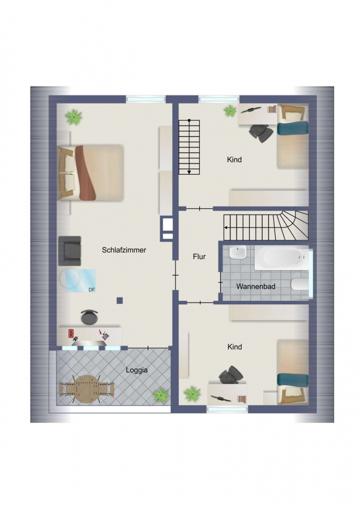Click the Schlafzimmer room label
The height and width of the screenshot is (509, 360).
(124, 250)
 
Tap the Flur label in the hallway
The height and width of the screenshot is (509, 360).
(199, 256)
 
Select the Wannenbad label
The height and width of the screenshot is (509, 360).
(256, 286)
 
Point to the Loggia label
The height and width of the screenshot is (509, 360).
(136, 370)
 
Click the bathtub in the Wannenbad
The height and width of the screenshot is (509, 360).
(281, 258)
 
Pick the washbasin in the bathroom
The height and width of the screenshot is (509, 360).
(238, 252)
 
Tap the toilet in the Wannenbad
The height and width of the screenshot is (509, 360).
(299, 284)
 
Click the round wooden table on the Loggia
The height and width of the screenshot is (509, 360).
(86, 389)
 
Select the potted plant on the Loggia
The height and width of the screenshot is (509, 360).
(161, 396)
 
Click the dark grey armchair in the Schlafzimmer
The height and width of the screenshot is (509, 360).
(70, 251)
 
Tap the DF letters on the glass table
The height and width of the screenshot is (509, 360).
(92, 290)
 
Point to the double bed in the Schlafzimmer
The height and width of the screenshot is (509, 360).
(91, 172)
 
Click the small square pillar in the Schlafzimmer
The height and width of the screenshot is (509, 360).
(120, 300)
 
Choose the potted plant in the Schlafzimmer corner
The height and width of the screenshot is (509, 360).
(74, 117)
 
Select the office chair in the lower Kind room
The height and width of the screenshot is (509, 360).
(231, 375)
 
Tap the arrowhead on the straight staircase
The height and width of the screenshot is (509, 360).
(189, 172)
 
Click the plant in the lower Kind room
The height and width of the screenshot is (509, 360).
(192, 394)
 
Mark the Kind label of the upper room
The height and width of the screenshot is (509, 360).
(234, 159)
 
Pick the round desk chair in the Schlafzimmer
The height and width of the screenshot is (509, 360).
(89, 317)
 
